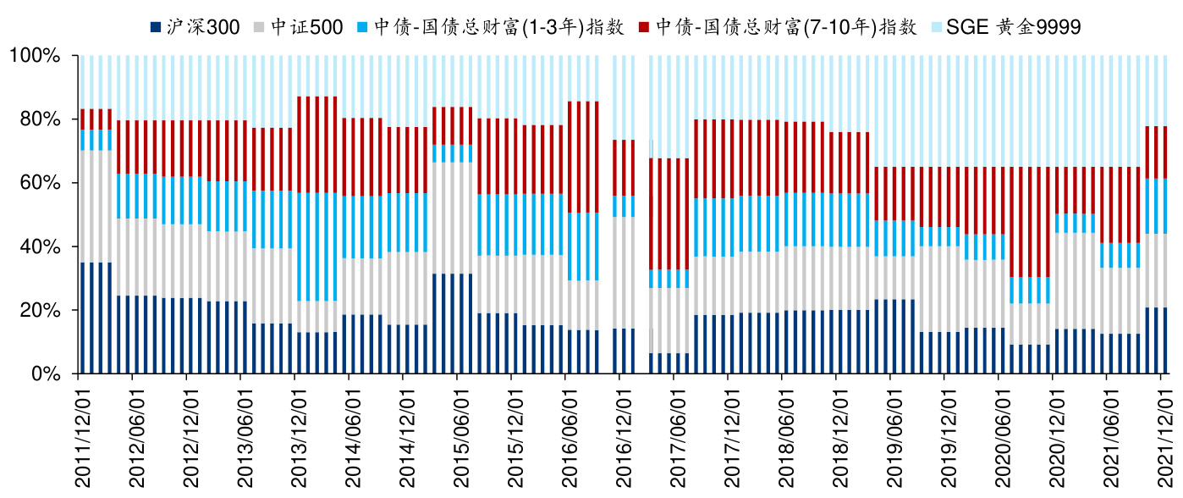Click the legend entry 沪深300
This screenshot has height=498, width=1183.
coord(212,27)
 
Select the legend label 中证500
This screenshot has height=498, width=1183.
coord(306,27)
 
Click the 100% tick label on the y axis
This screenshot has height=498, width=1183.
coord(36,56)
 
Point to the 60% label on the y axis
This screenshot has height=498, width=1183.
coord(41,183)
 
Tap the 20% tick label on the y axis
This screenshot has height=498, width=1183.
coord(41,311)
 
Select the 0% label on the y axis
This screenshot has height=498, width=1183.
coord(46,374)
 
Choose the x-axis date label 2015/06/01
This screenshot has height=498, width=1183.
coord(461,434)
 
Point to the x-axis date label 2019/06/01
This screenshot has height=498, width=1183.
coord(894,434)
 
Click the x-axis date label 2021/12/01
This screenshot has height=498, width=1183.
coord(1165,434)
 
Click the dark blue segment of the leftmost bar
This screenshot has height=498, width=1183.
coord(82,318)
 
